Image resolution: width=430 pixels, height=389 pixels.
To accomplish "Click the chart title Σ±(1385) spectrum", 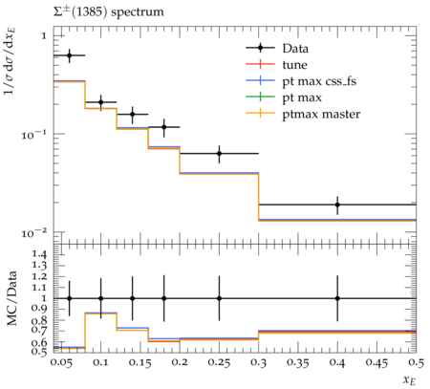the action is [108, 12].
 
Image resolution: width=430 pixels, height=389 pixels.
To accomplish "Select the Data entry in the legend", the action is [295, 49].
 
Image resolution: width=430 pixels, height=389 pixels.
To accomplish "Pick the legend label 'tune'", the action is [294, 65].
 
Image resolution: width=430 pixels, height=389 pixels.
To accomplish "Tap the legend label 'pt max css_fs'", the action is [319, 81].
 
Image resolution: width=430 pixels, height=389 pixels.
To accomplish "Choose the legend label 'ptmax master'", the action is [321, 115].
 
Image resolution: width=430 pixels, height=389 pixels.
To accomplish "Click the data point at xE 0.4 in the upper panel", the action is [337, 205].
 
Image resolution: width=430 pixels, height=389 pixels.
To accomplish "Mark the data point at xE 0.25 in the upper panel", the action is [219, 154].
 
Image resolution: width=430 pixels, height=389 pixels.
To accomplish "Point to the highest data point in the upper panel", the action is [69, 55].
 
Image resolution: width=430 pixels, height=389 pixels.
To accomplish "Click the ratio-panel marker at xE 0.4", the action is [337, 298].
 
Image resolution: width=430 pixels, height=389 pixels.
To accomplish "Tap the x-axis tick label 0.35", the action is [298, 362].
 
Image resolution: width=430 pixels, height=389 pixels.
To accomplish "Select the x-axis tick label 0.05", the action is [61, 362].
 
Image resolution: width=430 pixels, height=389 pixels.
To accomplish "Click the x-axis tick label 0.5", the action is [417, 362].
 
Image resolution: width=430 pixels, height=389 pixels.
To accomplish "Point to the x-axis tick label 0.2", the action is [180, 362].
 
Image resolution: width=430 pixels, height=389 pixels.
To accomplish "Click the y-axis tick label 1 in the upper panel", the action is [44, 35].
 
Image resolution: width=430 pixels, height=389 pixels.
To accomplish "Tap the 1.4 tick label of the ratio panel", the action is [39, 254].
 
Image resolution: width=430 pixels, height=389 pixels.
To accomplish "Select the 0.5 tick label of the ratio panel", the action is [39, 352].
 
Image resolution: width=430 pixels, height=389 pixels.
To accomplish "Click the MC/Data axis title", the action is [11, 298].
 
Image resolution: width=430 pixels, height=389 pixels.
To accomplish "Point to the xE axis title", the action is [410, 379].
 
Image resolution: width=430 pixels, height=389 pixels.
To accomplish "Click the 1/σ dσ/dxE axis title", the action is [10, 60].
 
